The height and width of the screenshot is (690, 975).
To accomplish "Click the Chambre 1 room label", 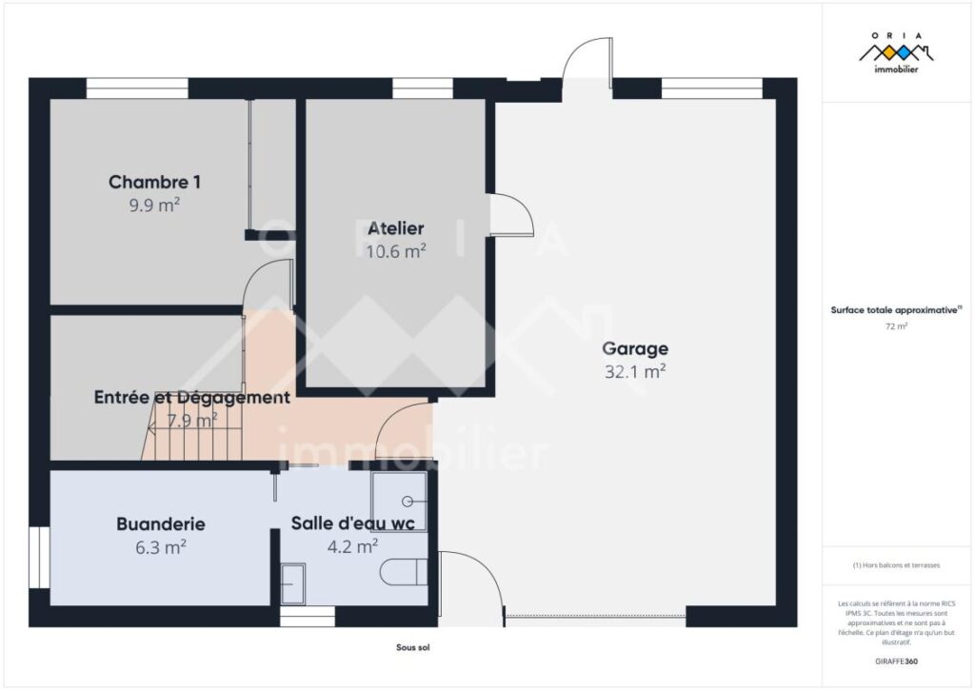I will tap(154, 182).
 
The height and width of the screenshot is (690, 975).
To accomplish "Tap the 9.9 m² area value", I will tap(154, 204).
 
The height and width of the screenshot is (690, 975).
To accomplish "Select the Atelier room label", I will tap(396, 228).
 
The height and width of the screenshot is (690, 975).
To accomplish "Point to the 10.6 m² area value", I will tap(396, 251).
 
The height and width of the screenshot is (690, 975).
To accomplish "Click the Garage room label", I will tap(635, 348).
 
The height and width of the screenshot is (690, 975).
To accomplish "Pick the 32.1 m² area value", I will tap(635, 372).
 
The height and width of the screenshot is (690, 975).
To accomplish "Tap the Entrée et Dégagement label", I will tap(191, 398).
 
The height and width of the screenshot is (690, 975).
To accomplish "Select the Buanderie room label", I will tap(160, 523).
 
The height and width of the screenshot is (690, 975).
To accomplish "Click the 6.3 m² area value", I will tap(160, 546).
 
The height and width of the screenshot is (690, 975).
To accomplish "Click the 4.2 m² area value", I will tap(352, 546).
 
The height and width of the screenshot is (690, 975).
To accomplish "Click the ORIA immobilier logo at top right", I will tap(895, 52).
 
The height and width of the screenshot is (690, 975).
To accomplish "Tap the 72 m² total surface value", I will tap(895, 325).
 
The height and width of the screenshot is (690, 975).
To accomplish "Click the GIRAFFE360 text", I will tap(895, 660).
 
